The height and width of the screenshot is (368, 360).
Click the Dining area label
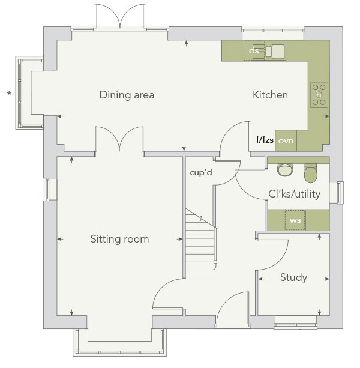127,95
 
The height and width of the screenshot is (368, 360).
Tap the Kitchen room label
270,95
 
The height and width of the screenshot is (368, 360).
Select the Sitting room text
119,239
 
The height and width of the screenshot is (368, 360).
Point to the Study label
293,277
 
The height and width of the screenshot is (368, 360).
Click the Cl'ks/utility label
295,194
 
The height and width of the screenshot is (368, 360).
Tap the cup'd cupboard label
201,173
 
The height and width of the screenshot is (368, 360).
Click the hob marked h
319,95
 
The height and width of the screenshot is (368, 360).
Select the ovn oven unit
286,141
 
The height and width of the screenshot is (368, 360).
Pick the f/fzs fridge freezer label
265,140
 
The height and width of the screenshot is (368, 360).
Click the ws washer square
295,220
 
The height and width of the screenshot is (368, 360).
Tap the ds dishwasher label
254,50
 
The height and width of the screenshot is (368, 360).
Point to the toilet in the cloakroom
311,173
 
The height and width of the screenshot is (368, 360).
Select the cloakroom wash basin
285,170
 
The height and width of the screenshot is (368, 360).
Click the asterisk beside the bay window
9,94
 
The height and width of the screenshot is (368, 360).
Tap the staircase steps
200,242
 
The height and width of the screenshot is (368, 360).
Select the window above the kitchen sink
273,30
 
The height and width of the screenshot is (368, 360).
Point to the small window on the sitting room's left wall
46,189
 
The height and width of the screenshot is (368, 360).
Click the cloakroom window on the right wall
340,193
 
